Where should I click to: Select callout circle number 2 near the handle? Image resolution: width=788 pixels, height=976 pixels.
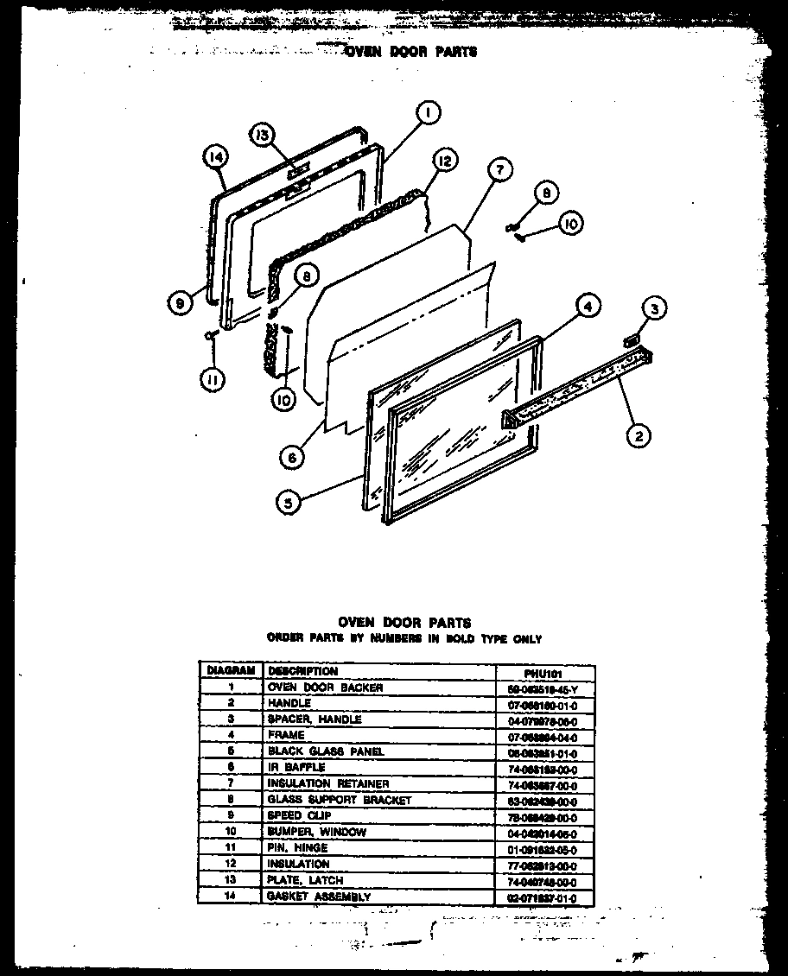coord(638,436)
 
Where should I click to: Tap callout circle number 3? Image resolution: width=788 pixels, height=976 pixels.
coord(655,308)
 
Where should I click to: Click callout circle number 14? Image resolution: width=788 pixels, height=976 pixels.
coord(215,156)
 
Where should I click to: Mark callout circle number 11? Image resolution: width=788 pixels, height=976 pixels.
coord(210,378)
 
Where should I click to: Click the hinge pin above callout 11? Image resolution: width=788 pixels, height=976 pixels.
coord(210,335)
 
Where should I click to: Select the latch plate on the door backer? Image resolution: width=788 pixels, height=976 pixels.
coord(296,187)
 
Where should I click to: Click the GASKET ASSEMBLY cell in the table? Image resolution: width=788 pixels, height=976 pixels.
coord(319,897)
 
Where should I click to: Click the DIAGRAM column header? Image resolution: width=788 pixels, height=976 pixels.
coord(230,671)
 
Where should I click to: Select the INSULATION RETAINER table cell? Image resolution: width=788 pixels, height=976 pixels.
coord(328,784)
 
